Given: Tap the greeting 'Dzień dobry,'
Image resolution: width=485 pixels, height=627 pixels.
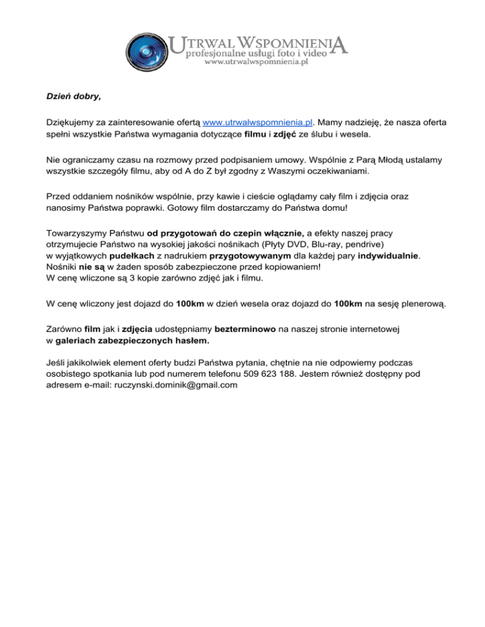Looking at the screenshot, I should pos(73,97).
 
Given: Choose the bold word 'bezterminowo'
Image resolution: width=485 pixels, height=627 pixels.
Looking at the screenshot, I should pos(248,328).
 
